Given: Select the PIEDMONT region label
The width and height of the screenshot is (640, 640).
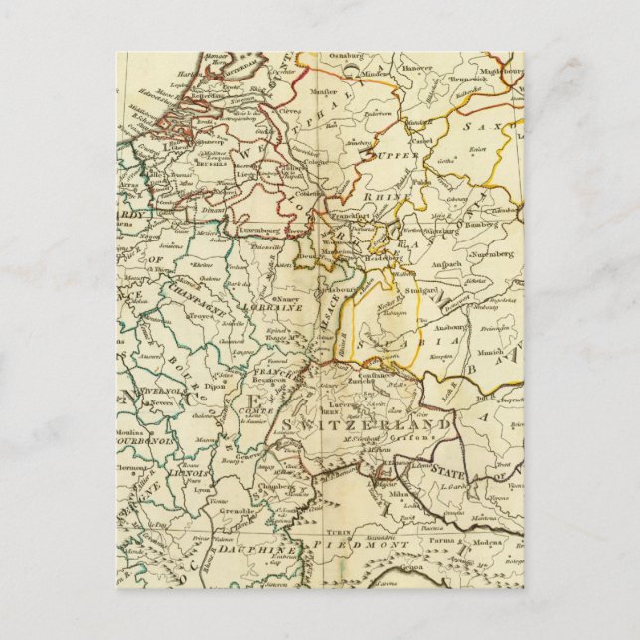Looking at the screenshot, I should (x=348, y=545).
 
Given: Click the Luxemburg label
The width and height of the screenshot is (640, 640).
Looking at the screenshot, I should (x=260, y=227).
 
